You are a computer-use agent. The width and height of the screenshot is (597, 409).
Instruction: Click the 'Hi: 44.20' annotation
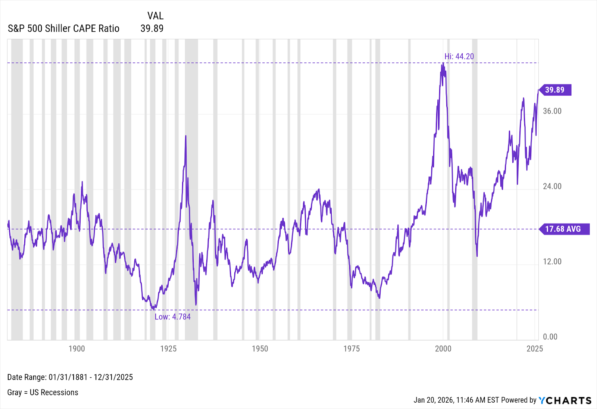coord(459,56)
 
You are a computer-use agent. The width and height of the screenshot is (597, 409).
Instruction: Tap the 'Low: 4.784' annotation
coord(172,317)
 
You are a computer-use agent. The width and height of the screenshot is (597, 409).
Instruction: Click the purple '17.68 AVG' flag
coord(564,229)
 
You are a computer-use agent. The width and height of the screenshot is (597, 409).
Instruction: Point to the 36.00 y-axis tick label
coord(552,111)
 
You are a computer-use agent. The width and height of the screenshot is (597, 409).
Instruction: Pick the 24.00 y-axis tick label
coord(552,186)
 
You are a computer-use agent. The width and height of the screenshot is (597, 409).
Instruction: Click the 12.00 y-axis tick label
coord(552,262)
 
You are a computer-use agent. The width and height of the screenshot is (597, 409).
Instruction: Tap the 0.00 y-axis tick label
coord(550,337)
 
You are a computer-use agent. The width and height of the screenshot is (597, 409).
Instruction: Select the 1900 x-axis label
coord(76,349)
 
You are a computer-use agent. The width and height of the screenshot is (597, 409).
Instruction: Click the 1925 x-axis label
coord(168,349)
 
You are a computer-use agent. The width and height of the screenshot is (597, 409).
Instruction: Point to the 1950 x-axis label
coord(260,349)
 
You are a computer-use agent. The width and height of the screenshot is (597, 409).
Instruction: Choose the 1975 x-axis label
coord(351,349)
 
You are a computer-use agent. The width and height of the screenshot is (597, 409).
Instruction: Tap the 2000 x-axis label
coord(443,349)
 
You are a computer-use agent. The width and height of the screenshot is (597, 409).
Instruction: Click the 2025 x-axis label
coord(534,349)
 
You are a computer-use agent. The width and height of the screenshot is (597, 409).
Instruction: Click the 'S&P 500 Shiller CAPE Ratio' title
coord(63,29)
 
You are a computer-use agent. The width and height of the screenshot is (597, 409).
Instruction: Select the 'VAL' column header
coord(155,16)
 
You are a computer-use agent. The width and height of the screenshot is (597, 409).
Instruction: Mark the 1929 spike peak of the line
coord(185,136)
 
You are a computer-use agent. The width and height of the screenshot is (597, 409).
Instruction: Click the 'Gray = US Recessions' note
coord(43,393)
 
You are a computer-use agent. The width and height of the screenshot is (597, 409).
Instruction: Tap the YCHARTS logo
coord(565,400)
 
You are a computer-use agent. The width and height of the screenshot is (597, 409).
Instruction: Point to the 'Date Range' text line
coord(70,377)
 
